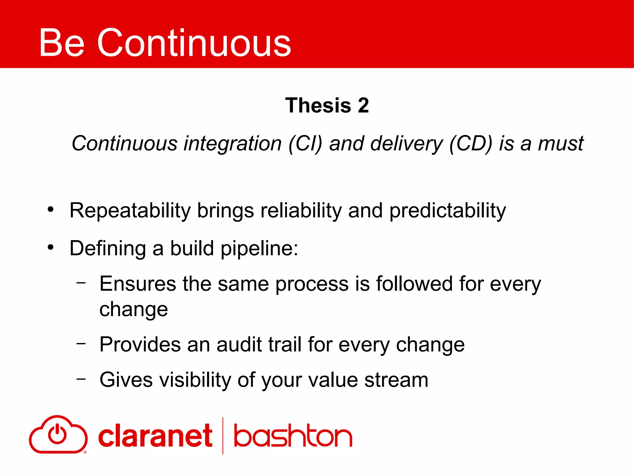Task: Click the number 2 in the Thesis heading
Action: (x=363, y=105)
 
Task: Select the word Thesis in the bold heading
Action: (x=318, y=105)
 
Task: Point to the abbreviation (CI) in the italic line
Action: (x=305, y=144)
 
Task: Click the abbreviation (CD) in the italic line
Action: (x=471, y=144)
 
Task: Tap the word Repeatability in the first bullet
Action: (x=130, y=211)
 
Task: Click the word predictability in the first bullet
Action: (x=447, y=211)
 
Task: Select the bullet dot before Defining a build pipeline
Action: (x=51, y=248)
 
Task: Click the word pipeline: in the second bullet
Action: (x=259, y=249)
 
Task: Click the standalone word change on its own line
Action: (x=133, y=310)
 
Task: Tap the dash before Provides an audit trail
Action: (x=81, y=343)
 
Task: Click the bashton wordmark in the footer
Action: (x=293, y=436)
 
